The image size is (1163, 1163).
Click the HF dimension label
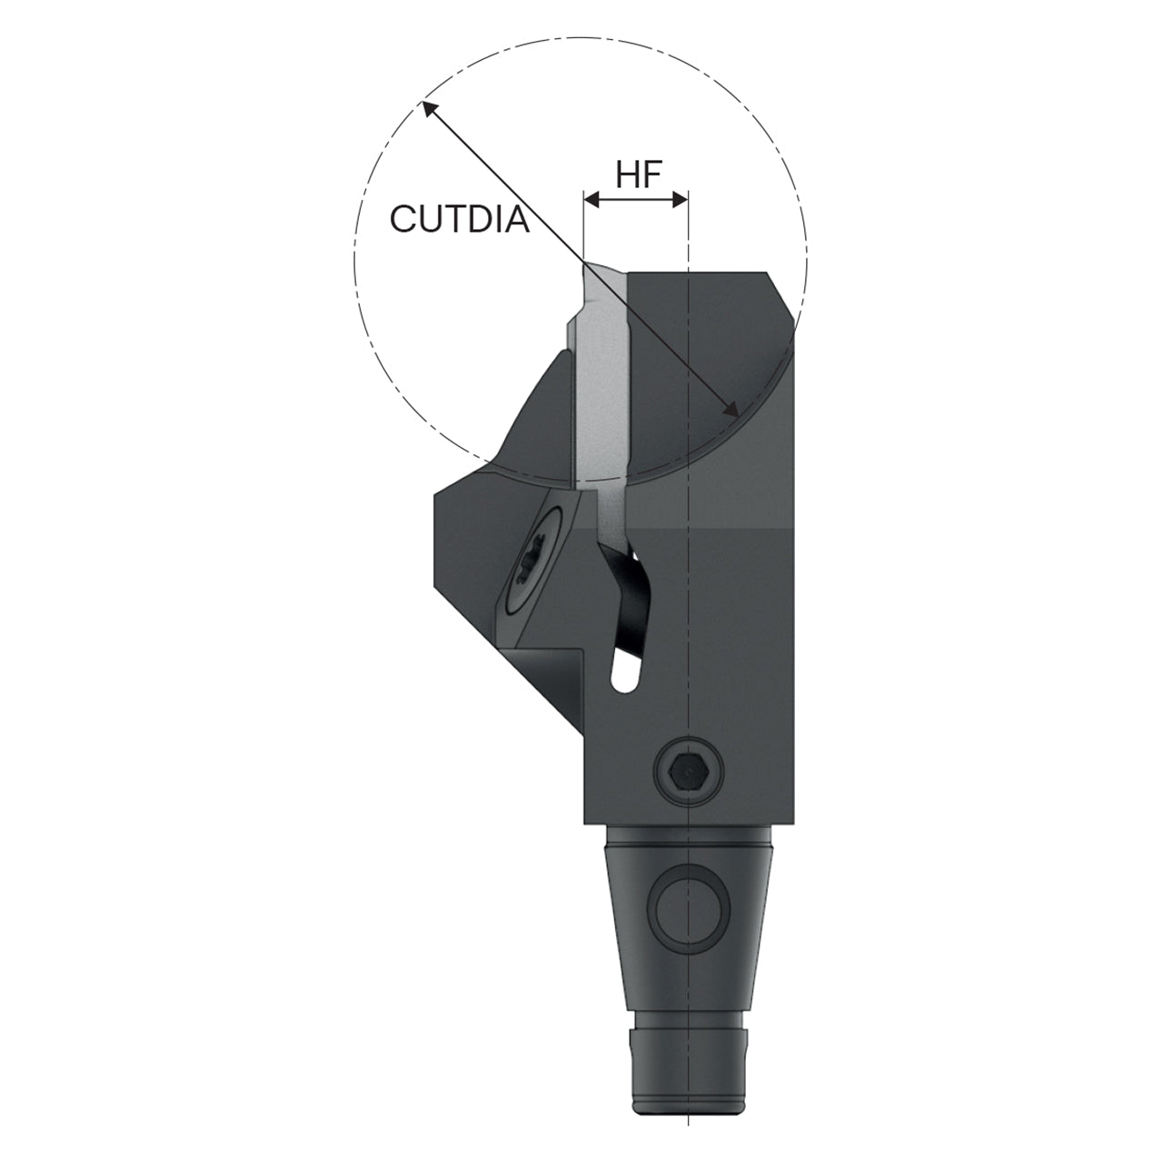pyautogui.click(x=639, y=175)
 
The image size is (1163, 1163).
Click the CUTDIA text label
pyautogui.click(x=459, y=218)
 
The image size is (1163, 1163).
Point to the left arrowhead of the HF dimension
pyautogui.click(x=592, y=200)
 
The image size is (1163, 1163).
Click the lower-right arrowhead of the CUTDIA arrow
pyautogui.click(x=731, y=409)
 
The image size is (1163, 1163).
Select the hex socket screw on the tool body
pyautogui.click(x=691, y=770)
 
